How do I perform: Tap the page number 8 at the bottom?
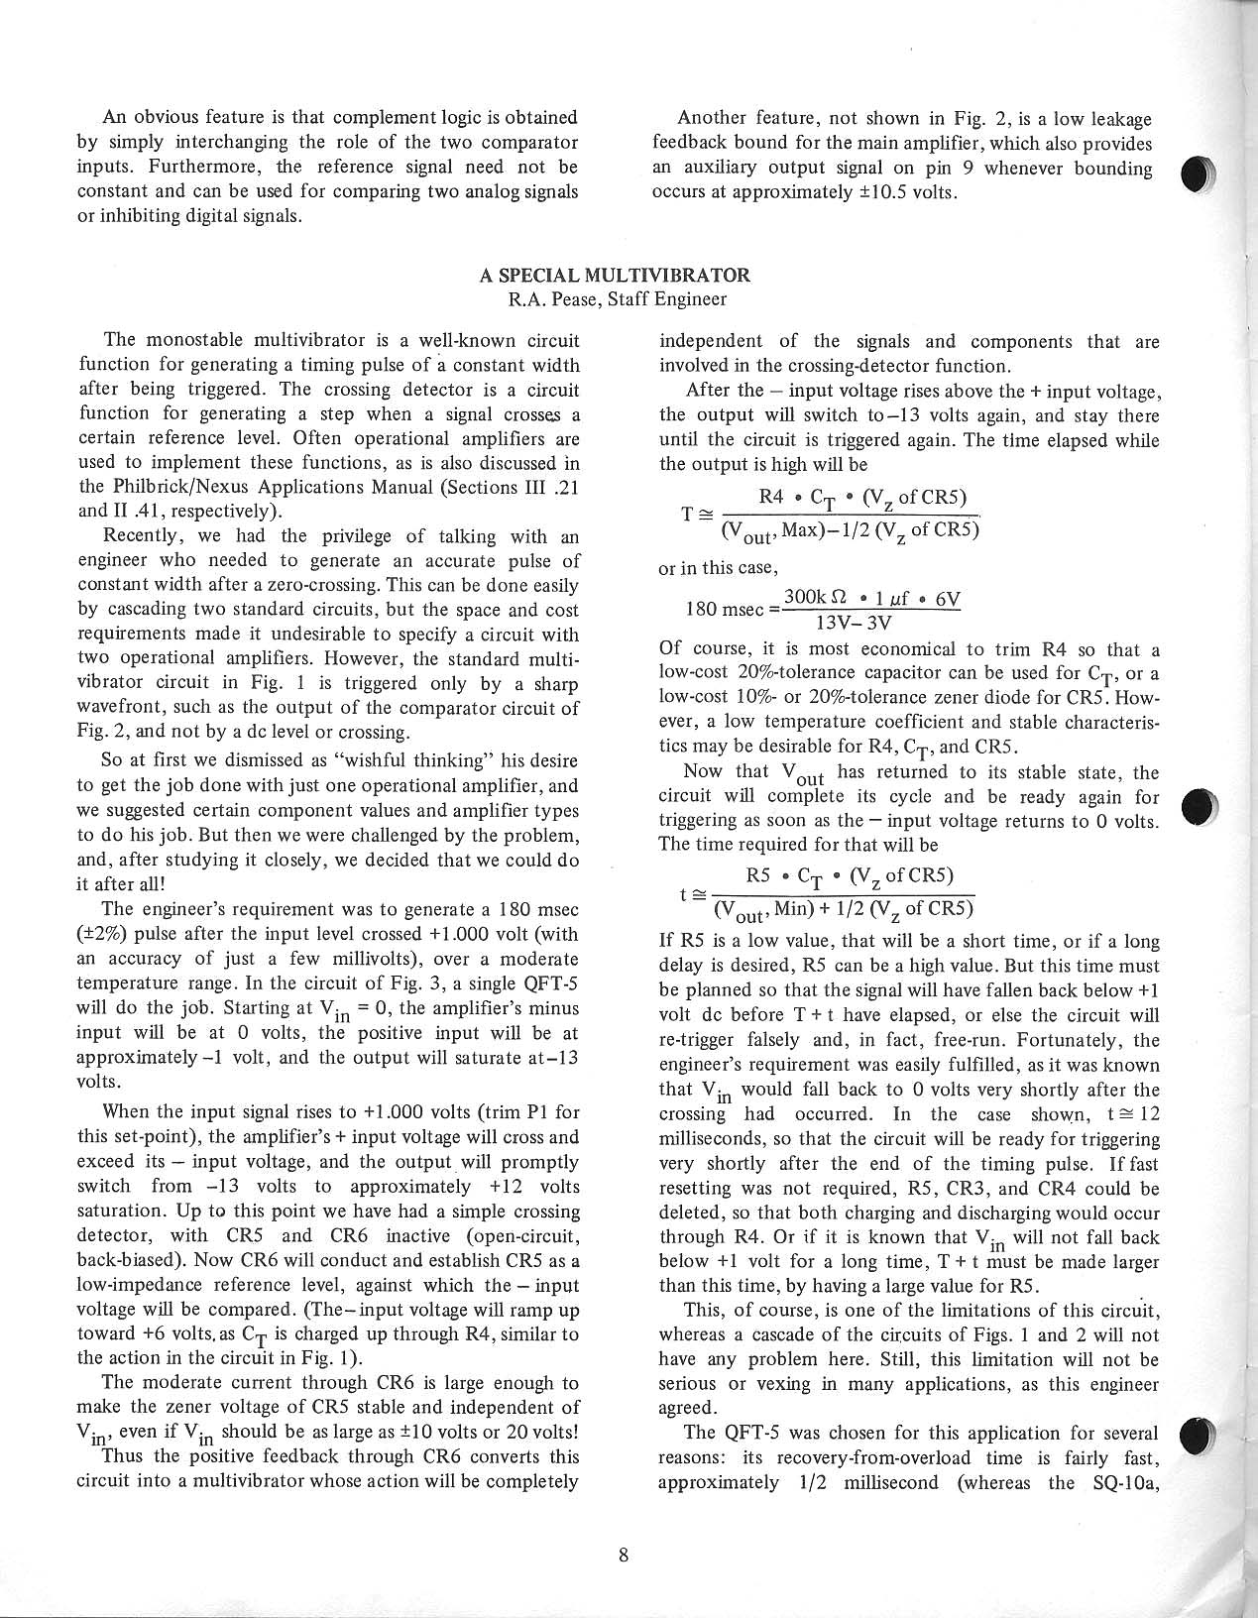(x=623, y=1555)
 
